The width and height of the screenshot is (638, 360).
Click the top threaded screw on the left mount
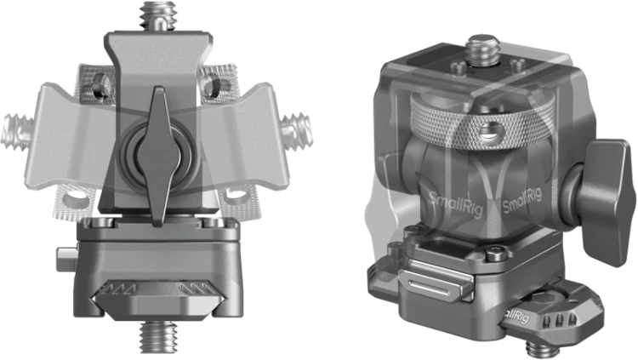[x=158, y=17]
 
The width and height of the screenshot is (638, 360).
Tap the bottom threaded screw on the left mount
[x=158, y=336]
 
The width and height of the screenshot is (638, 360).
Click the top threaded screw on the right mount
[x=483, y=49]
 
